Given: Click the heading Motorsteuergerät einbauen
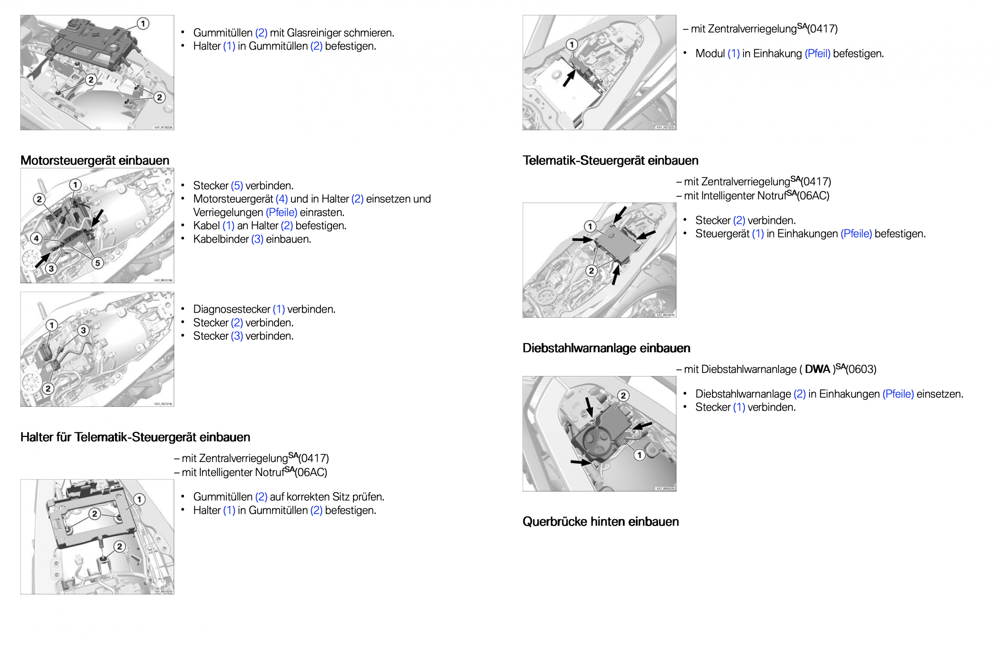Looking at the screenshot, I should (x=94, y=161).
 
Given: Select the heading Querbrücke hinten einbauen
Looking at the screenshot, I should (x=600, y=521).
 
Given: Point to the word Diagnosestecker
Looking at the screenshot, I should (x=231, y=309).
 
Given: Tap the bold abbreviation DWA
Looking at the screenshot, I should (x=817, y=369).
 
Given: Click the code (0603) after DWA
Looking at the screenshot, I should (x=861, y=369).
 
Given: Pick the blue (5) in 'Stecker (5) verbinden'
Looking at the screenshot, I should (x=237, y=186).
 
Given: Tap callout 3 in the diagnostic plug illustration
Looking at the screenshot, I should (x=83, y=330).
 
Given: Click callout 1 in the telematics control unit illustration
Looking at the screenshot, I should (x=590, y=226).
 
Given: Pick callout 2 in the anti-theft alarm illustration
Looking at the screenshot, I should (x=623, y=395).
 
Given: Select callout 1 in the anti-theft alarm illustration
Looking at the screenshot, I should (x=639, y=455).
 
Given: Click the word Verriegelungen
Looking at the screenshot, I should (x=228, y=213).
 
